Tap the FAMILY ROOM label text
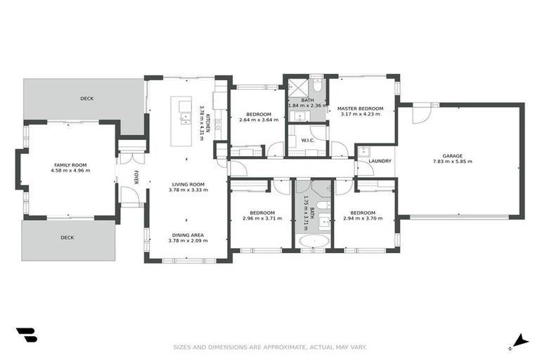[x=72, y=165]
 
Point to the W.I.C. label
[x=307, y=139]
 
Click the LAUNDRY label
[x=380, y=161]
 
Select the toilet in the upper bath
[x=317, y=85]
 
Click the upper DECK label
[x=86, y=98]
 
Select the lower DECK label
[x=67, y=238]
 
